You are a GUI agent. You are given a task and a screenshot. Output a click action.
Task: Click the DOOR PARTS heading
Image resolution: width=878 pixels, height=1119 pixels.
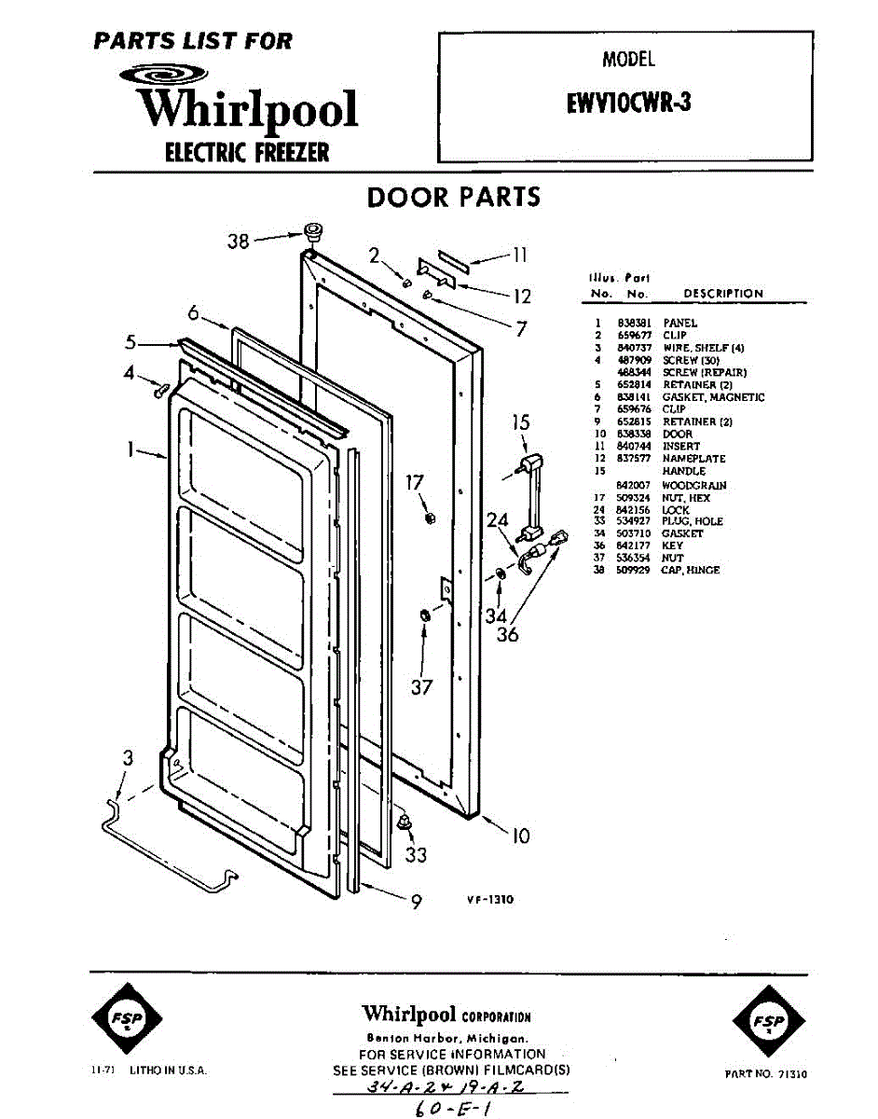click(453, 198)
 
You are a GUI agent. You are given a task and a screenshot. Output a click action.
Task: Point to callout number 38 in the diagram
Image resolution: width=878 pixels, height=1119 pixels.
click(239, 241)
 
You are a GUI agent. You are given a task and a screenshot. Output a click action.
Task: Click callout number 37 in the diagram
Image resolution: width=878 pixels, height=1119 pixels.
click(421, 688)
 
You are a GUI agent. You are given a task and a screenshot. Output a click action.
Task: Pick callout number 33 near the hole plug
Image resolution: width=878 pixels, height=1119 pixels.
click(416, 854)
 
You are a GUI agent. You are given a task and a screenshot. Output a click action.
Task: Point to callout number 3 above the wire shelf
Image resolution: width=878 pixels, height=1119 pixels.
click(128, 759)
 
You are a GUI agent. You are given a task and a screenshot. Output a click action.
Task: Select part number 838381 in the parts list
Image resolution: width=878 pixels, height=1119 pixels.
click(630, 323)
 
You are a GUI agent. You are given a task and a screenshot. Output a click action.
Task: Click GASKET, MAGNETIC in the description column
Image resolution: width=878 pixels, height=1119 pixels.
click(713, 397)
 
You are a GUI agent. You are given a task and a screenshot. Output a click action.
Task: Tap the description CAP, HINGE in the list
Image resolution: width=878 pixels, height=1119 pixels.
click(691, 570)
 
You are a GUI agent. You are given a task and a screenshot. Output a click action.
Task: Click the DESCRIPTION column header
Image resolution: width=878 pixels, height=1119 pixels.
click(722, 293)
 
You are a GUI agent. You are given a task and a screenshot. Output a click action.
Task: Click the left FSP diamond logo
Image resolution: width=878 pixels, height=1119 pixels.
click(127, 1021)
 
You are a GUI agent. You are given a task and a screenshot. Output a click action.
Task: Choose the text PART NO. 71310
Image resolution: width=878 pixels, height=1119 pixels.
click(765, 1074)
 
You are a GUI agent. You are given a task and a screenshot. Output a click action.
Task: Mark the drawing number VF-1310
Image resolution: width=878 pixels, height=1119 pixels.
click(490, 900)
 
